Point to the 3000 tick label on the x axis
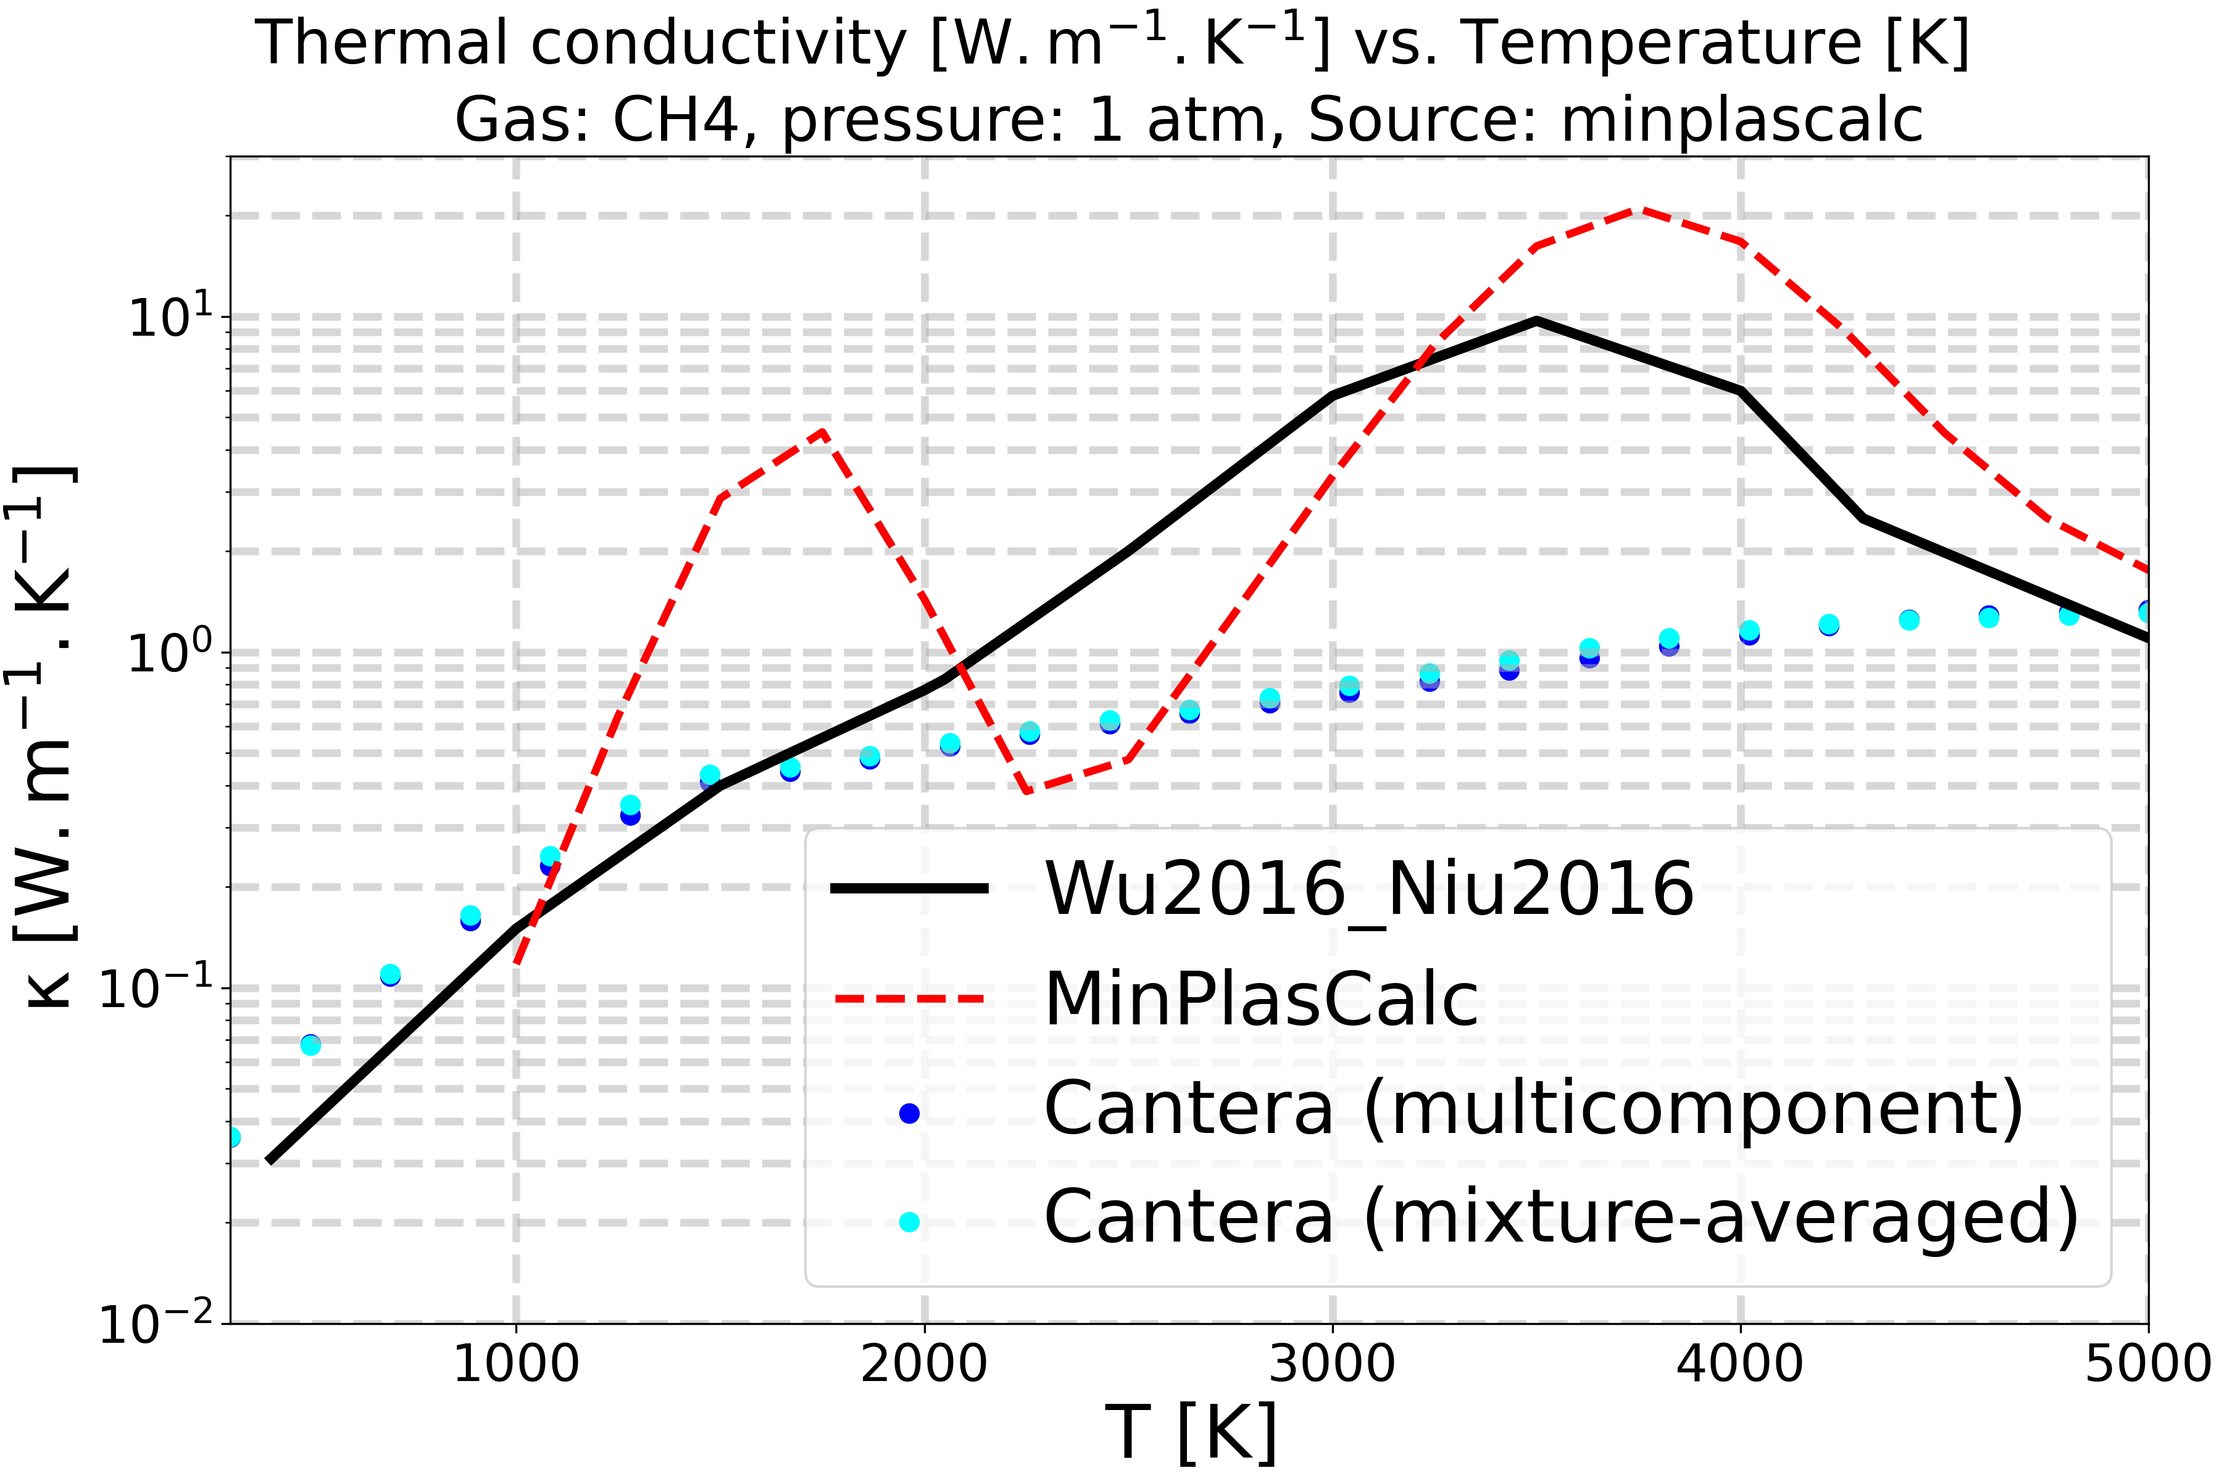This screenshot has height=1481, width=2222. click(x=1332, y=1366)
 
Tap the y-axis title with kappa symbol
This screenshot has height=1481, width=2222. click(x=43, y=737)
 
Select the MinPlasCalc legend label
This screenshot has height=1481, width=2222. click(x=1261, y=999)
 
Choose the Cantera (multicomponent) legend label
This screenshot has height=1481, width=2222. click(x=1533, y=1109)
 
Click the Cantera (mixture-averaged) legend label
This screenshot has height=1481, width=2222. click(x=1561, y=1218)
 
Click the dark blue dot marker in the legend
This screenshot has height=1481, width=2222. click(x=909, y=1114)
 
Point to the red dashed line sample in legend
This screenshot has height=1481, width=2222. click(x=909, y=999)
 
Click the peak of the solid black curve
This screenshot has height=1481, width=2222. click(x=1537, y=321)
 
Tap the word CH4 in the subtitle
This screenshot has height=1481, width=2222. click(x=675, y=121)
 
